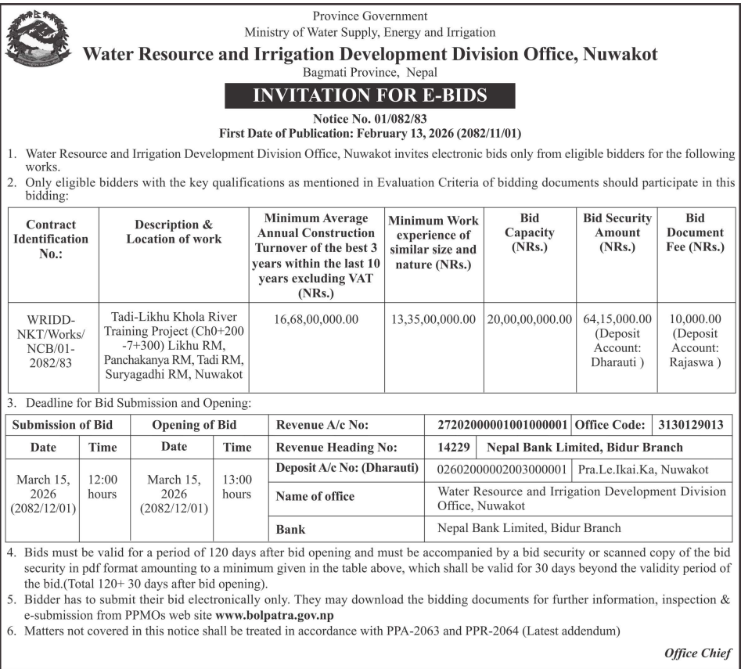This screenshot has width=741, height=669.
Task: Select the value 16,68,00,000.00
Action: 316,319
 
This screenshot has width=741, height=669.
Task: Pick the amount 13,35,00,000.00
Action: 432,319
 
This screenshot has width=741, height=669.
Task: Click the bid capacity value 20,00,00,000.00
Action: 529,319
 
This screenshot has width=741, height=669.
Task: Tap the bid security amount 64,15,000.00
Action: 617,319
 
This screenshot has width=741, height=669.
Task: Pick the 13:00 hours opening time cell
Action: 236,486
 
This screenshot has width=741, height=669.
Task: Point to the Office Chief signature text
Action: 698,653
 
